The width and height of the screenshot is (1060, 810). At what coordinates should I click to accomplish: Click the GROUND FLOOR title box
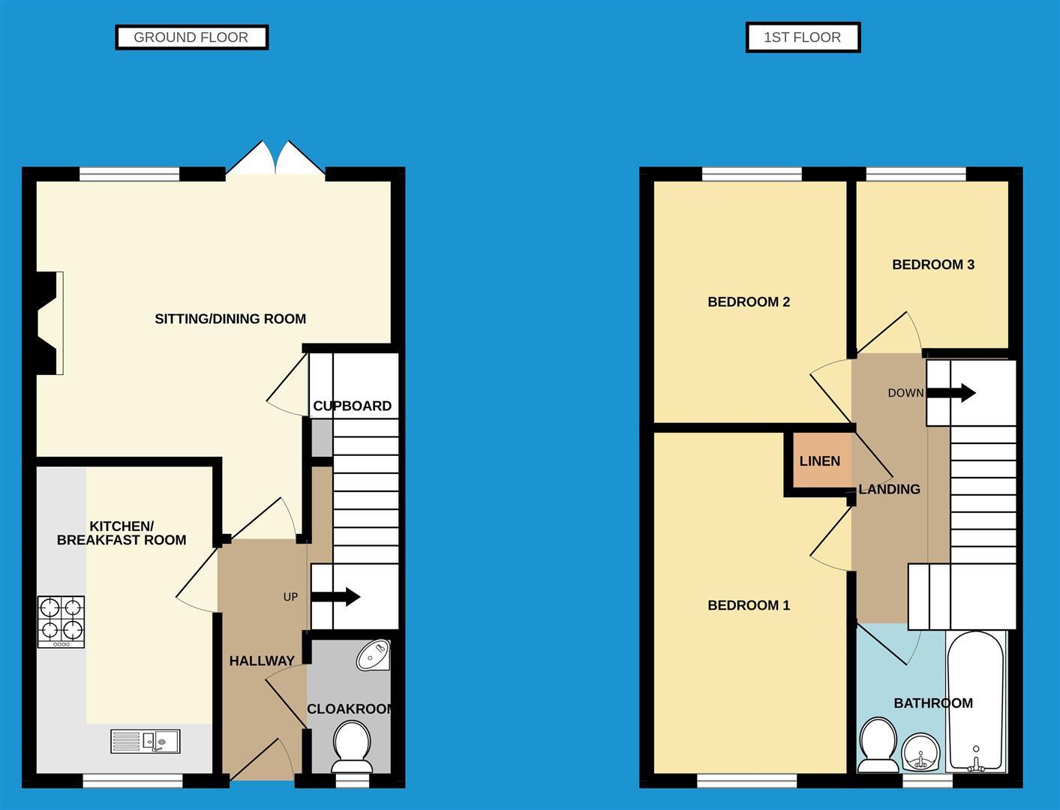[x=191, y=37]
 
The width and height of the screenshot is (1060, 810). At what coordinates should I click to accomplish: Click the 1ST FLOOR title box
[x=802, y=37]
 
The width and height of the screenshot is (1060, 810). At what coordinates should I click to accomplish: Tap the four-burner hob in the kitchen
[x=61, y=621]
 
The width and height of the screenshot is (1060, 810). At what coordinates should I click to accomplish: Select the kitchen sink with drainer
[x=146, y=741]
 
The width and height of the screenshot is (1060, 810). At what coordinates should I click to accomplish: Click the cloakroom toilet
[x=351, y=745]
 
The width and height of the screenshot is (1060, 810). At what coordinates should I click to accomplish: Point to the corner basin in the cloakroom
[x=374, y=655]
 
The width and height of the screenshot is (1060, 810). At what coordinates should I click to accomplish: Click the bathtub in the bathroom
[x=975, y=701]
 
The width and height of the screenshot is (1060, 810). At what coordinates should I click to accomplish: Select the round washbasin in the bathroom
[x=920, y=752]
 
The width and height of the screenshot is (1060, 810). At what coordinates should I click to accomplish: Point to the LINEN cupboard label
[x=819, y=461]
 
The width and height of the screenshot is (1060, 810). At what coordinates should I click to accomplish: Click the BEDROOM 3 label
[x=932, y=265]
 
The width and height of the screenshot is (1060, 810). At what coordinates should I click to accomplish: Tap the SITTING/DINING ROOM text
[x=230, y=319]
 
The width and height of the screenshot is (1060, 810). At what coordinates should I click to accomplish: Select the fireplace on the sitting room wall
[x=50, y=322]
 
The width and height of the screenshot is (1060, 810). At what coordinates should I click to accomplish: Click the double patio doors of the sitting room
[x=276, y=160]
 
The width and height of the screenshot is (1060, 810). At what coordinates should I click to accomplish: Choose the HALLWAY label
[x=261, y=661]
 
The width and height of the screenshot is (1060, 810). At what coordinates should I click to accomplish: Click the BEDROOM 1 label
[x=749, y=605]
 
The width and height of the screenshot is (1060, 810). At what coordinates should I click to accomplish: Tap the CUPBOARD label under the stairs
[x=352, y=406]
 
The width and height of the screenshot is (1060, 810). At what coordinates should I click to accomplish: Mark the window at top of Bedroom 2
[x=751, y=175]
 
